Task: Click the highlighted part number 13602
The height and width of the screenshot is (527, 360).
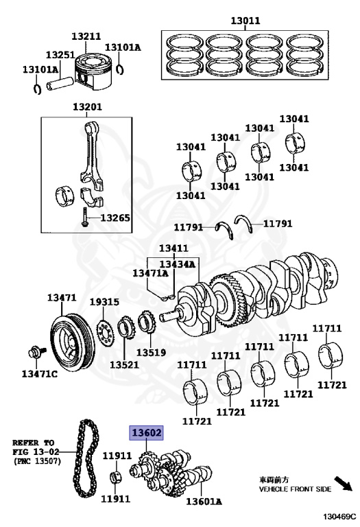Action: click(147, 432)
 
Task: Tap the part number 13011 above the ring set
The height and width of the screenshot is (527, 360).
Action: click(245, 21)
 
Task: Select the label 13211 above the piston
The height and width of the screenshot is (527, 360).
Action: click(86, 36)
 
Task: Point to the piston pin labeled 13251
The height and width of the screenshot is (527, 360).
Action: click(60, 84)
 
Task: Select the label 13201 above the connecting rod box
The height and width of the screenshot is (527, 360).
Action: click(87, 107)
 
